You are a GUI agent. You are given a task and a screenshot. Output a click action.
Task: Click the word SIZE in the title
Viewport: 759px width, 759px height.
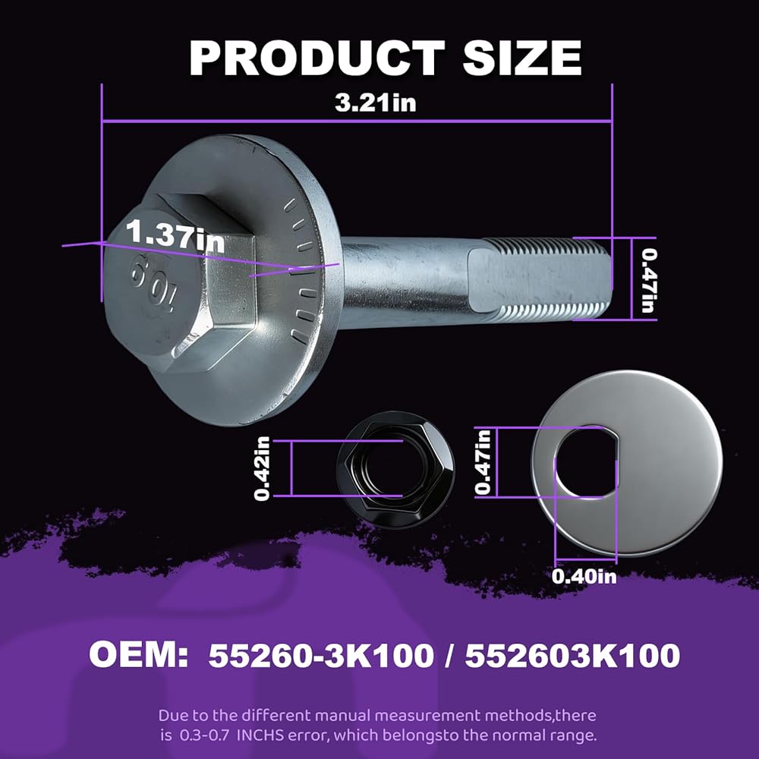pos(522,58)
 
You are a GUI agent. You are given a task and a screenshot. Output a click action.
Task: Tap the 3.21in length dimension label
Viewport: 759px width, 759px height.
pos(376,102)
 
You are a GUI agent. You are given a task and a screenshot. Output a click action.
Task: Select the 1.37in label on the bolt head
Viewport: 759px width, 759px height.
pos(176,237)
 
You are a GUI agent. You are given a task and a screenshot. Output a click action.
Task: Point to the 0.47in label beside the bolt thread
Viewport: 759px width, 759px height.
pos(648,280)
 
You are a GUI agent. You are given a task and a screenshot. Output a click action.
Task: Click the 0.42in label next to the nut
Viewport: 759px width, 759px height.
pos(262,468)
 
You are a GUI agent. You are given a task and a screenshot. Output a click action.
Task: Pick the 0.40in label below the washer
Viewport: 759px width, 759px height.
pos(584,577)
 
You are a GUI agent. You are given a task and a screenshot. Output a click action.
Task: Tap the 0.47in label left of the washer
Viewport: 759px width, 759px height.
pos(483,462)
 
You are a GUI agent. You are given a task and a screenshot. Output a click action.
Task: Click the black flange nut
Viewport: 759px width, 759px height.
pos(395,470)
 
